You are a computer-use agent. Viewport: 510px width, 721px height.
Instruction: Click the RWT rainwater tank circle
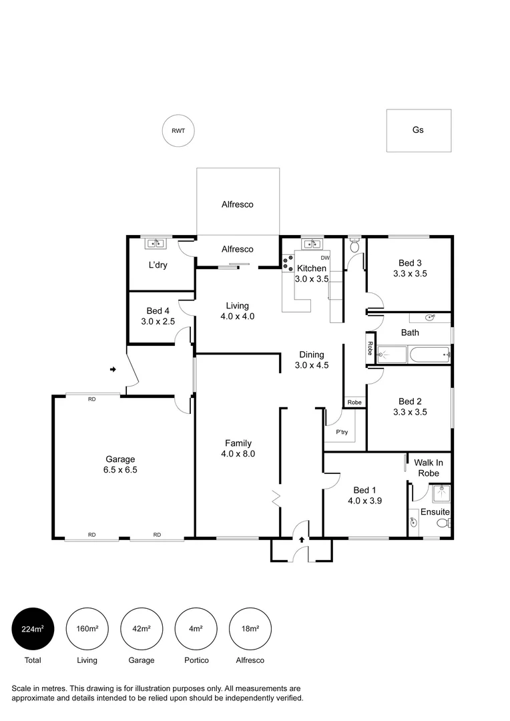(178, 131)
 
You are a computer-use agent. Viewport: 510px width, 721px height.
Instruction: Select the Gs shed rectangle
(419, 130)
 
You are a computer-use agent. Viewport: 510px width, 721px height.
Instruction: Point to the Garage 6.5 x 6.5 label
(120, 464)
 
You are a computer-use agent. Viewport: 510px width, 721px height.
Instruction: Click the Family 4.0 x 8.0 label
(238, 448)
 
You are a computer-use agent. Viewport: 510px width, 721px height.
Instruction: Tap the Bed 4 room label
(158, 316)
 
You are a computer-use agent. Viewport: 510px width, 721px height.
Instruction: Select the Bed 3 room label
(410, 268)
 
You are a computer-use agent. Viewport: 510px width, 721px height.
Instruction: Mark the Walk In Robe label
(428, 467)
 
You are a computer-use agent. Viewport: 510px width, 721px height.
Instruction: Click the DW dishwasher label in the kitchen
(325, 258)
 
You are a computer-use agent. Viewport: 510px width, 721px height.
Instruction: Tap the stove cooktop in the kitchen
(288, 264)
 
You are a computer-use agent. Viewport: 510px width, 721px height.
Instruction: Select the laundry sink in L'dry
(156, 244)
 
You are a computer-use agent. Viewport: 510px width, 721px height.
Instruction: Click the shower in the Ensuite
(441, 495)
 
